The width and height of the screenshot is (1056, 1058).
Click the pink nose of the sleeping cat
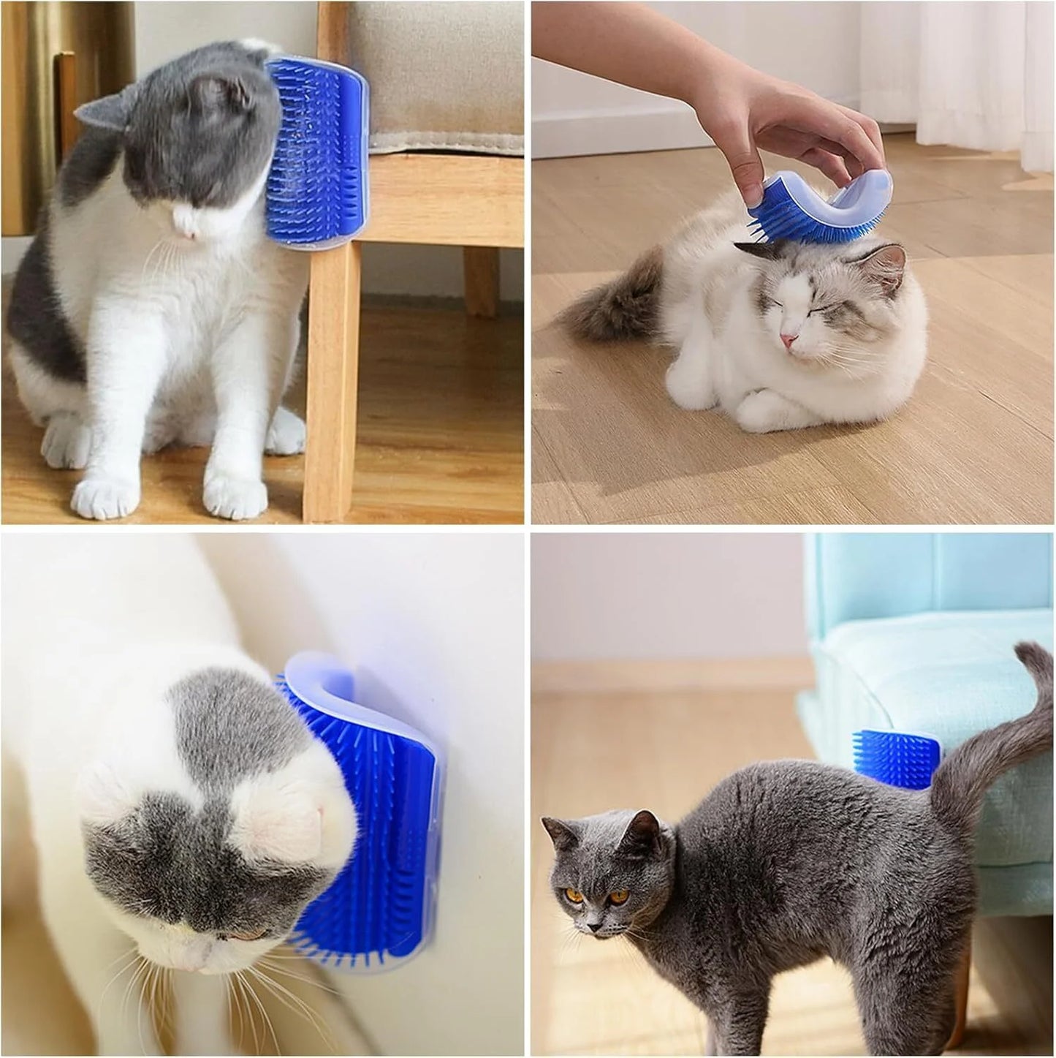787,341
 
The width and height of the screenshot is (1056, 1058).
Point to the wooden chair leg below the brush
329,380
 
